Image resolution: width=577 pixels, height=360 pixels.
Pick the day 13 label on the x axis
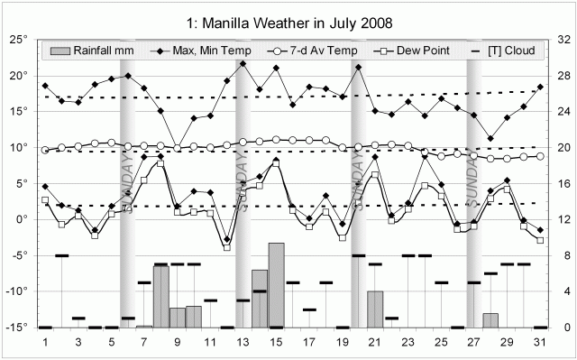click(x=243, y=343)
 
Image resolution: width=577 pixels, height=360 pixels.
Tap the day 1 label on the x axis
click(x=46, y=343)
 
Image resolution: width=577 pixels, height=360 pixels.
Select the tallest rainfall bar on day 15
click(x=276, y=285)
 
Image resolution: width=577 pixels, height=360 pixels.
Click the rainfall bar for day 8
click(x=160, y=297)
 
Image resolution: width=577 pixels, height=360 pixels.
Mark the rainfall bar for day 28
click(x=490, y=320)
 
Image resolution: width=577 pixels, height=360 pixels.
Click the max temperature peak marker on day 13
click(x=243, y=63)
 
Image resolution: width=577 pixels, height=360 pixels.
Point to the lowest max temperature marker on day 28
click(x=490, y=138)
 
